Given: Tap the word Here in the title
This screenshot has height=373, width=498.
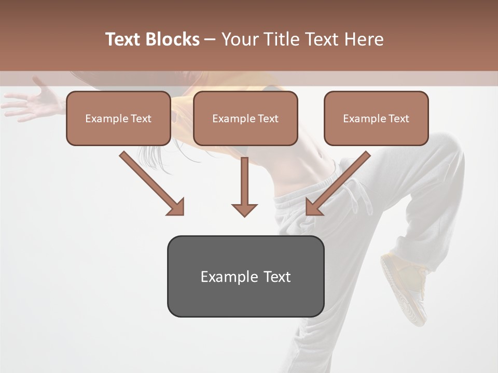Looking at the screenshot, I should click(362, 39).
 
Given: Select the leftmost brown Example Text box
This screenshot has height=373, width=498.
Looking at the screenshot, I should click(118, 118).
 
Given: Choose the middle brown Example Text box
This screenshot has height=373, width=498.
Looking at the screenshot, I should click(245, 118).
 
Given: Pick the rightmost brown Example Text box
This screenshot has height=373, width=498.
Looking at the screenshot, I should click(376, 118).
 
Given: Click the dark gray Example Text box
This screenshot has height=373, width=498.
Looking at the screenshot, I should click(245, 276).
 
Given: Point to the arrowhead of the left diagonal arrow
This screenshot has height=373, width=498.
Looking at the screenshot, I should click(176, 207).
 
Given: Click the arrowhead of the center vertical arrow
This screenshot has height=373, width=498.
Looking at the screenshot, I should click(244, 209).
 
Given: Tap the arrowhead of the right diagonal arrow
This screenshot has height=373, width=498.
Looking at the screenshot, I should click(313, 207).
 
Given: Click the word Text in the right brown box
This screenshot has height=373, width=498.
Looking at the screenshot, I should click(398, 119).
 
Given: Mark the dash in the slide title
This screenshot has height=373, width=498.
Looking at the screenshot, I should click(210, 40).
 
